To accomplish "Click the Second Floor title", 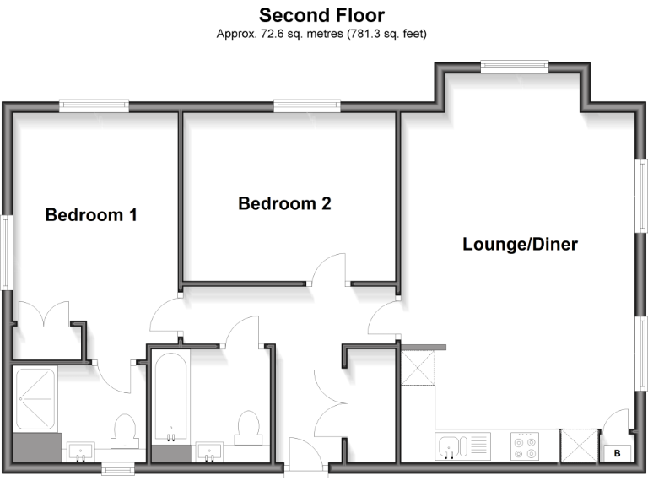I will pyautogui.click(x=323, y=15).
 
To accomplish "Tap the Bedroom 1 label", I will pyautogui.click(x=91, y=215).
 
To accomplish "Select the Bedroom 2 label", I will pyautogui.click(x=284, y=204).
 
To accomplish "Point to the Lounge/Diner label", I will pyautogui.click(x=520, y=245).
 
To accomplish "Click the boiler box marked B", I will pyautogui.click(x=617, y=453).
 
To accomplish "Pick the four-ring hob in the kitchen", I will pyautogui.click(x=526, y=445).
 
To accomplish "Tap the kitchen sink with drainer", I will pyautogui.click(x=462, y=445).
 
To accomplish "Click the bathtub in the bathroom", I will pyautogui.click(x=171, y=397).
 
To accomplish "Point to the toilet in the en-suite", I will pyautogui.click(x=125, y=429).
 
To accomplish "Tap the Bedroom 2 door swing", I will pyautogui.click(x=328, y=269).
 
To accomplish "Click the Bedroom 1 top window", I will pyautogui.click(x=94, y=106).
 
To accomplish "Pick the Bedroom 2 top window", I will pyautogui.click(x=307, y=106).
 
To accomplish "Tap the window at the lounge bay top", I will pyautogui.click(x=515, y=66).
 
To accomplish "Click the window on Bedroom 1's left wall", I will pyautogui.click(x=6, y=253).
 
